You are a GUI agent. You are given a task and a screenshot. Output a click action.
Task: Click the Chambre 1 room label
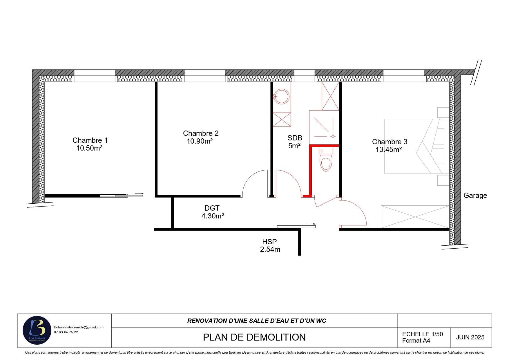click(90, 140)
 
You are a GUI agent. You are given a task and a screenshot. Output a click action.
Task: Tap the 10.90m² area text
click(200, 141)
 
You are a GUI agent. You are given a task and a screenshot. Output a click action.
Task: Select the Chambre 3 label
click(390, 142)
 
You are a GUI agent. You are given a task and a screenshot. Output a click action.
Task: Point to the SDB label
click(295, 138)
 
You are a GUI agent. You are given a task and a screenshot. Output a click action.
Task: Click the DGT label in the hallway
click(212, 208)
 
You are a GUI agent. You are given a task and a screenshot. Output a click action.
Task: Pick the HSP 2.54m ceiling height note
click(270, 245)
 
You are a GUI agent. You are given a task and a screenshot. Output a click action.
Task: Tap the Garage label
click(475, 196)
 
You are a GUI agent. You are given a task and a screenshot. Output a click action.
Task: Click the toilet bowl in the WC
click(326, 163)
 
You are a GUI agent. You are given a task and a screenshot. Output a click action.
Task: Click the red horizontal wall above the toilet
click(324, 146)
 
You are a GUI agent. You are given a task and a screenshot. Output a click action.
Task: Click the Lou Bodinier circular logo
click(37, 330)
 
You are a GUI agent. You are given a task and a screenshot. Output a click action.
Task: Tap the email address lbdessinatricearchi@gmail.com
click(79, 327)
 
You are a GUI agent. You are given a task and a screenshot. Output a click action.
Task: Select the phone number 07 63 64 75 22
click(66, 332)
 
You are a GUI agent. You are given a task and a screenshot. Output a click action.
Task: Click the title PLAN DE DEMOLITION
click(254, 337)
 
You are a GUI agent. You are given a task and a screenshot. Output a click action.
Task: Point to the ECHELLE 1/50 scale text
click(423, 334)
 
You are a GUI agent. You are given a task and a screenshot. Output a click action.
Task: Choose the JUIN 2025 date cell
click(470, 337)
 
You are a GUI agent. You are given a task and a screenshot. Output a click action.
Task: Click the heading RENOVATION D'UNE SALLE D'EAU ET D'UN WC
click(257, 321)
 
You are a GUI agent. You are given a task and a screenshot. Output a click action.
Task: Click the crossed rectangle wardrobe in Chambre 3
click(415, 217)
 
